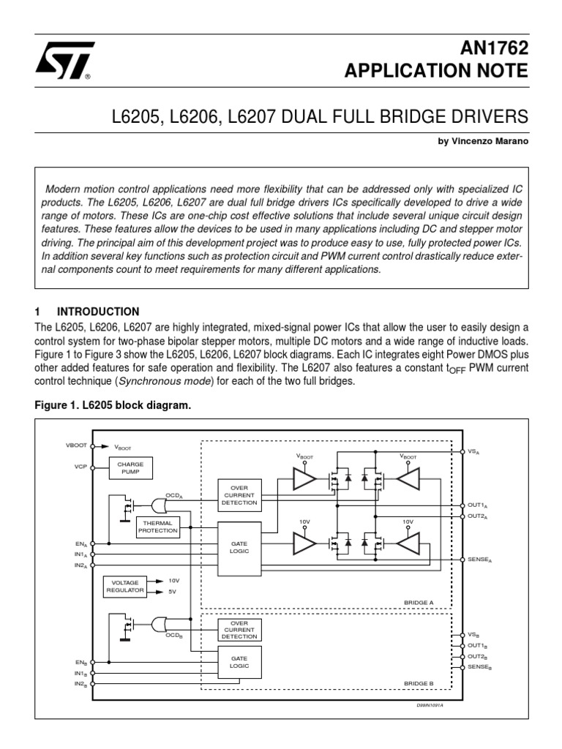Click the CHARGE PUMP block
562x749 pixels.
130,468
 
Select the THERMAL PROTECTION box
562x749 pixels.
157,527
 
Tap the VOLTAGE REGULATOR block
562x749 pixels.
125,587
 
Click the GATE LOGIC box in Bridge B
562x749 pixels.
239,663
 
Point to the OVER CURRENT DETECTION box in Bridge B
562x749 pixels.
239,630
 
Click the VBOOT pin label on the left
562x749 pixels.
76,445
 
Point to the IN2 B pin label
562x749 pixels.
80,684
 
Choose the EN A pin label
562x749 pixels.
80,544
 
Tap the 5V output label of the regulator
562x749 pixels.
173,592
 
